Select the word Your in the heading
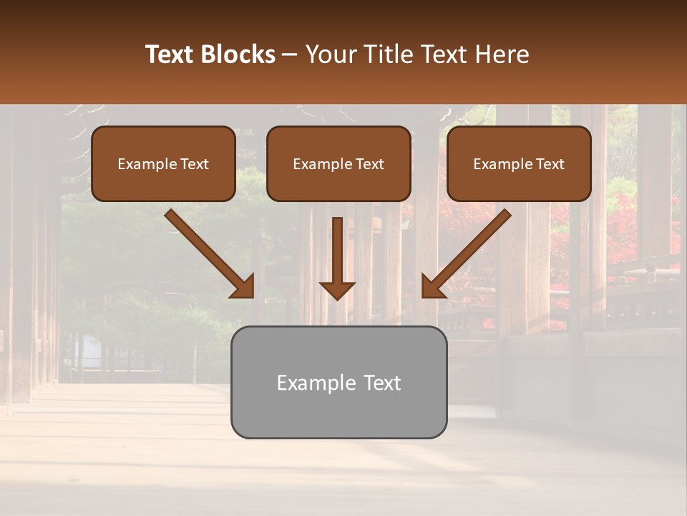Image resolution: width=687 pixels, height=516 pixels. [x=328, y=54]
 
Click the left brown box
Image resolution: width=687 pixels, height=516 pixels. [x=163, y=163]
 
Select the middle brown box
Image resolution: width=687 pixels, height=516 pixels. [x=338, y=163]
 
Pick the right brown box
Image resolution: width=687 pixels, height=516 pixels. [x=519, y=163]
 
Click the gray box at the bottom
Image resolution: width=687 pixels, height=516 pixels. [x=338, y=382]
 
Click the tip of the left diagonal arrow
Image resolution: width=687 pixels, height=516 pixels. [x=252, y=295]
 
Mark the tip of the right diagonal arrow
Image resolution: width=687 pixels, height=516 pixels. [x=424, y=295]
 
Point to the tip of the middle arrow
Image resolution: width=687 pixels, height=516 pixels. [x=337, y=298]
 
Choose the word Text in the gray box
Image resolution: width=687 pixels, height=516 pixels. [x=381, y=383]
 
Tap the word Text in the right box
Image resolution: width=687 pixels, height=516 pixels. [x=550, y=164]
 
